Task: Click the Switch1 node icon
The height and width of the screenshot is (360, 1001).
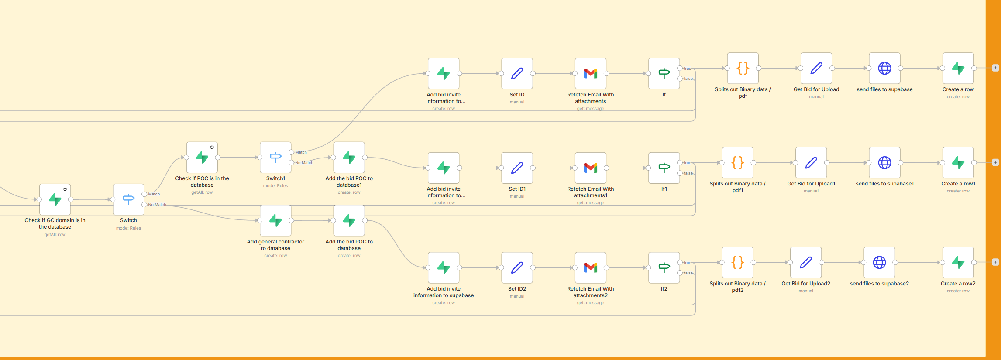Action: [275, 157]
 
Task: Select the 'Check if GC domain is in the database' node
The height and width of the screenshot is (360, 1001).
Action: [55, 199]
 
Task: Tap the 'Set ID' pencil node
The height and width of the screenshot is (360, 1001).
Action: [517, 73]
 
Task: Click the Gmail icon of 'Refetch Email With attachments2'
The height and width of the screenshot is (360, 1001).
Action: [590, 267]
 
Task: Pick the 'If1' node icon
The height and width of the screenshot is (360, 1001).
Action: [664, 168]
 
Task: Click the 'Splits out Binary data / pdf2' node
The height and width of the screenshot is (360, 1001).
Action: [737, 262]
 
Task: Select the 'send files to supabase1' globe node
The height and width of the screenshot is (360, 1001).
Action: [884, 163]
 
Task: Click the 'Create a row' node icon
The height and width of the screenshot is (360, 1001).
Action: [958, 68]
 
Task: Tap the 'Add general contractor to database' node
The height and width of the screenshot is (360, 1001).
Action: [275, 220]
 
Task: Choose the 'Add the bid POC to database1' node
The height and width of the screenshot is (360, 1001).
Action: [349, 157]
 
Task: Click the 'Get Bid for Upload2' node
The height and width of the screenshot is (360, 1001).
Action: [806, 262]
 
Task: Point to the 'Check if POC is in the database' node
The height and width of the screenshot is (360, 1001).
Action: [202, 157]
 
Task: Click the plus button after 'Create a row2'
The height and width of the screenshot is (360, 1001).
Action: [995, 262]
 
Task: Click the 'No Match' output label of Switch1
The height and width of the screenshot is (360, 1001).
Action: [304, 163]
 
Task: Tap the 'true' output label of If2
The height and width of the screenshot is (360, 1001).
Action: [688, 263]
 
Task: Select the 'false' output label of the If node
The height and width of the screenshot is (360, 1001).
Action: [688, 79]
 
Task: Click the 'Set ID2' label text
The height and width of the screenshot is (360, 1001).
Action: [517, 289]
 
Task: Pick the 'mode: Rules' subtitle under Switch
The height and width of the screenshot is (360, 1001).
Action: [128, 228]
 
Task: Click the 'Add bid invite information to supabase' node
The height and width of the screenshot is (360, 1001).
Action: [444, 267]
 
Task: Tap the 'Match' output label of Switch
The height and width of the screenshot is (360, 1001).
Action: [154, 194]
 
